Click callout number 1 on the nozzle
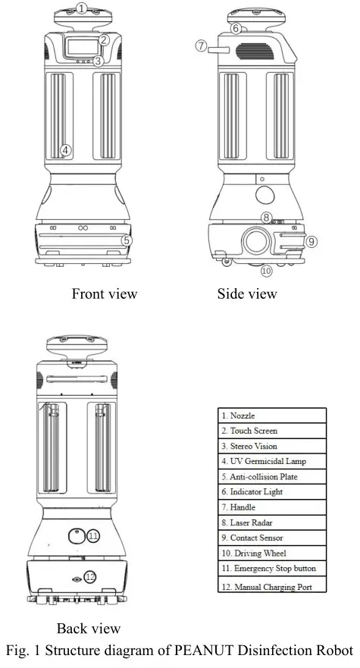pos(82,9)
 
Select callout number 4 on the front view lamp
pos(66,149)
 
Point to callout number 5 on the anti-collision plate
pos(127,240)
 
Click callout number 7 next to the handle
pos(201,46)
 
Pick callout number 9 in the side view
pos(311,241)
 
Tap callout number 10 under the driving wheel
pos(266,271)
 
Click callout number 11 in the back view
pos(93,536)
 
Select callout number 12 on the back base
pos(90,577)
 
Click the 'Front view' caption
pos(105,293)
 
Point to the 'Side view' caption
pos(247,293)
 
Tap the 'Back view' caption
pos(89,629)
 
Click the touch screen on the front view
pos(81,47)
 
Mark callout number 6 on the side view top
pos(236,29)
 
